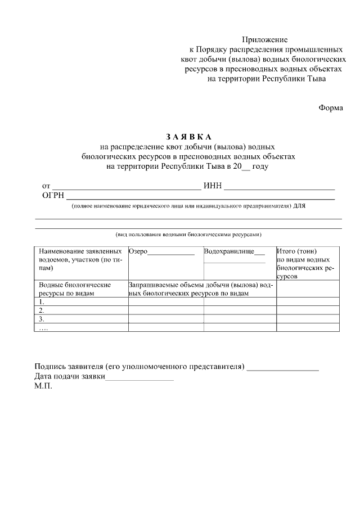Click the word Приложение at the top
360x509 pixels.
(264, 40)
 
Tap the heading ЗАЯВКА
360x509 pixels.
(188, 137)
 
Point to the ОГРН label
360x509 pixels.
(53, 196)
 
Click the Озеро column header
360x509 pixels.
(138, 251)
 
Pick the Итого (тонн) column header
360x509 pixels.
(297, 251)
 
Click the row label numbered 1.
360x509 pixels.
(42, 301)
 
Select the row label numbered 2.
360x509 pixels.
(42, 310)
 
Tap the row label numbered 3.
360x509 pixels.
(42, 319)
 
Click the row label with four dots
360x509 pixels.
(43, 327)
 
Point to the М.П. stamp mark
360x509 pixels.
(43, 387)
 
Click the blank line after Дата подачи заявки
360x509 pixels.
(139, 378)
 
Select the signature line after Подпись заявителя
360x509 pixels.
(282, 368)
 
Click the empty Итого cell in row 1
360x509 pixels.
(307, 301)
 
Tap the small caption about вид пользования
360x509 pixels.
(188, 233)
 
